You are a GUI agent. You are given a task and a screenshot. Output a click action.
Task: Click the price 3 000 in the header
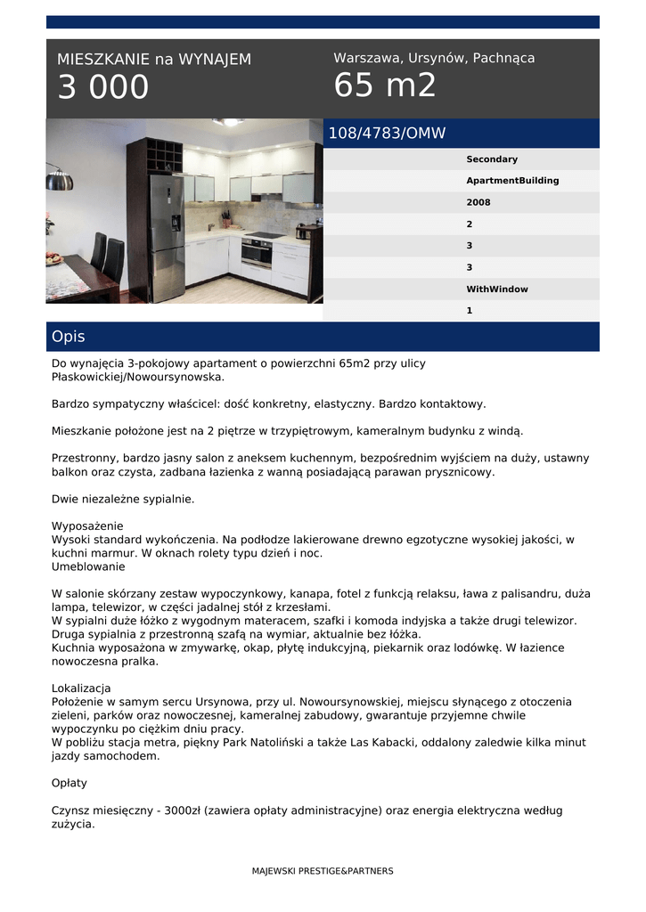click(x=103, y=87)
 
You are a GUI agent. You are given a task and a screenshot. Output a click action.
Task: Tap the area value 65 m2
click(x=385, y=85)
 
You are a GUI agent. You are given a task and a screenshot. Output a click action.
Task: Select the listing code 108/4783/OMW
click(x=387, y=134)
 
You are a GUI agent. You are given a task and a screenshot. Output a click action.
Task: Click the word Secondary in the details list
click(x=492, y=159)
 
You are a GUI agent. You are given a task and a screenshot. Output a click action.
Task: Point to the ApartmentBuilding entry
click(x=512, y=181)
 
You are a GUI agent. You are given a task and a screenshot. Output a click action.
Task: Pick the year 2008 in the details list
click(x=478, y=202)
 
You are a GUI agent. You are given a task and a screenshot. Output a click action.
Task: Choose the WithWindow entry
click(x=497, y=289)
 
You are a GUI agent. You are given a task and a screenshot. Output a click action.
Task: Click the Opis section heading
click(x=69, y=337)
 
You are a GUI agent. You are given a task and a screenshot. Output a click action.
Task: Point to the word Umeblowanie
click(x=88, y=566)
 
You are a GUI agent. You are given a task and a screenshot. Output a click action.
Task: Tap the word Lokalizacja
click(x=81, y=688)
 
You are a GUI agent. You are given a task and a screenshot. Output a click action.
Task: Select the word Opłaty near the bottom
click(x=70, y=784)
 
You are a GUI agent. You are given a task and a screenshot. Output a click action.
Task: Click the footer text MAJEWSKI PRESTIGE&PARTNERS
click(x=323, y=871)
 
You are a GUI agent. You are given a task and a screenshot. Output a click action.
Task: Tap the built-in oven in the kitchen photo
click(x=257, y=253)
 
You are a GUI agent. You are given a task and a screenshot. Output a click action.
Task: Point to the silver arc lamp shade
click(x=60, y=181)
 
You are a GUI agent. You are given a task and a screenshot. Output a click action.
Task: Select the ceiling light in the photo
click(x=228, y=122)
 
